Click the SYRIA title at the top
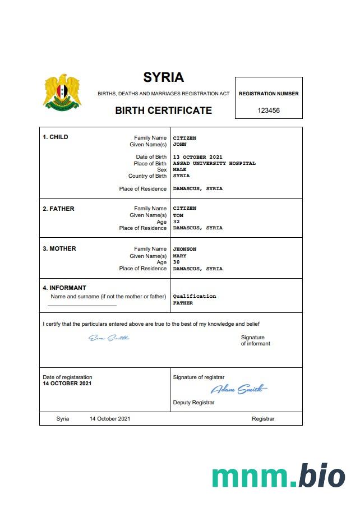pyautogui.click(x=163, y=77)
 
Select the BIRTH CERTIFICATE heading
pyautogui.click(x=163, y=110)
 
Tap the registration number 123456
pyautogui.click(x=269, y=110)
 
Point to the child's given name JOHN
pyautogui.click(x=179, y=144)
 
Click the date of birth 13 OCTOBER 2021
pyautogui.click(x=197, y=157)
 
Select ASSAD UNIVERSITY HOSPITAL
pyautogui.click(x=214, y=164)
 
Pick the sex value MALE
pyautogui.click(x=179, y=170)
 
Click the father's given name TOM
pyautogui.click(x=178, y=215)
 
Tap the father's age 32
pyautogui.click(x=176, y=222)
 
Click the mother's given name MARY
pyautogui.click(x=179, y=256)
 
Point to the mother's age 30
pyautogui.click(x=176, y=262)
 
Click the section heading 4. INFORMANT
pyautogui.click(x=64, y=288)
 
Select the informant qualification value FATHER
pyautogui.click(x=183, y=303)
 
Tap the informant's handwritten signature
pyautogui.click(x=109, y=338)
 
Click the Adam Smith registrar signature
pyautogui.click(x=238, y=389)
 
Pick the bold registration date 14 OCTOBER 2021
pyautogui.click(x=67, y=384)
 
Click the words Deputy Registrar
pyautogui.click(x=193, y=403)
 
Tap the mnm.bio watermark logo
pyautogui.click(x=278, y=476)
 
